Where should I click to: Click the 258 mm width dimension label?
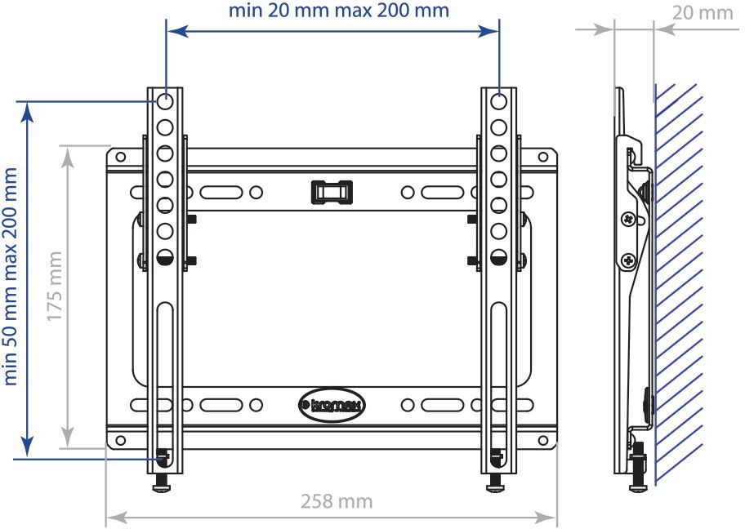click(336, 501)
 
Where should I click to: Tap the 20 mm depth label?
click(703, 12)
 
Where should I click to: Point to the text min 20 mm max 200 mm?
click(338, 11)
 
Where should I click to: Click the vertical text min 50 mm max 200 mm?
click(11, 276)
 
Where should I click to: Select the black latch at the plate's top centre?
click(330, 191)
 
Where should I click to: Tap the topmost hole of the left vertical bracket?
click(164, 102)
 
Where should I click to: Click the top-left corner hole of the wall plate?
click(121, 156)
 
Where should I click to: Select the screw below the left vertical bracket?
click(163, 483)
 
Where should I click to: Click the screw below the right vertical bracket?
click(496, 483)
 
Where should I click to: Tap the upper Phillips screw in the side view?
click(627, 220)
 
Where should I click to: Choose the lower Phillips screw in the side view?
click(627, 261)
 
